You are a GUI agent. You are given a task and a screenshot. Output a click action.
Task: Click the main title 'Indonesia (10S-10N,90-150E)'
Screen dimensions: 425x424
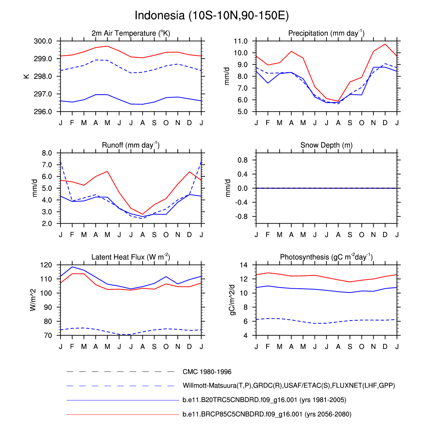212,16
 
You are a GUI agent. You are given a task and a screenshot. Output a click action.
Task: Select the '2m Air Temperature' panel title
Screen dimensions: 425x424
131,34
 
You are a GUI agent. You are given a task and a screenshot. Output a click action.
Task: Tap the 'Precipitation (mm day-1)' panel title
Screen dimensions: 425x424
326,34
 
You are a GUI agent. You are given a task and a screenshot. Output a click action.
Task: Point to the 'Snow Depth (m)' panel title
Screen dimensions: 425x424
326,145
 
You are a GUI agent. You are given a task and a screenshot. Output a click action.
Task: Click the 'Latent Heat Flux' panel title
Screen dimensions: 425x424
131,257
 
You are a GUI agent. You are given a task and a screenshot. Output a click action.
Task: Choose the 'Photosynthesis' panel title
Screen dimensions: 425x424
326,257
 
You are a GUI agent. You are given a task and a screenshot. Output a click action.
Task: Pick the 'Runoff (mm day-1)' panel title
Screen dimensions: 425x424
131,145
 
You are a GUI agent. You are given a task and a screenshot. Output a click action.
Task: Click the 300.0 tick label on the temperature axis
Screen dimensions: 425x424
43,41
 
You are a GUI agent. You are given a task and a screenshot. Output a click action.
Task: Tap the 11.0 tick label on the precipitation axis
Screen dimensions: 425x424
241,41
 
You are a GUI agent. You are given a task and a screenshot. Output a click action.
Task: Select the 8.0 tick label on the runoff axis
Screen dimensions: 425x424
47,153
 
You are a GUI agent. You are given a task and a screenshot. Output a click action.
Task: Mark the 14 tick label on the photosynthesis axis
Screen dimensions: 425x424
243,265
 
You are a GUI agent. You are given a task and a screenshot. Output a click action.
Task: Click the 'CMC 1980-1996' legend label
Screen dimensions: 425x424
207,372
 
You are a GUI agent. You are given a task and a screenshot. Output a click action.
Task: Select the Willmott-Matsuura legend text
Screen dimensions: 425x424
288,386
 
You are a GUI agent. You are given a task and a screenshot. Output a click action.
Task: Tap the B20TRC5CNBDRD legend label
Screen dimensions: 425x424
264,400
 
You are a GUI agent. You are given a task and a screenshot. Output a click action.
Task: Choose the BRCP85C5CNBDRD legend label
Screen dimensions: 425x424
267,414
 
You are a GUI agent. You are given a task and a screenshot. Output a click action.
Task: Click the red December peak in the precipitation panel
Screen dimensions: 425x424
385,44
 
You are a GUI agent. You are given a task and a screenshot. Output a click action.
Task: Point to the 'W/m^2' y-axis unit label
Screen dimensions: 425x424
34,300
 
